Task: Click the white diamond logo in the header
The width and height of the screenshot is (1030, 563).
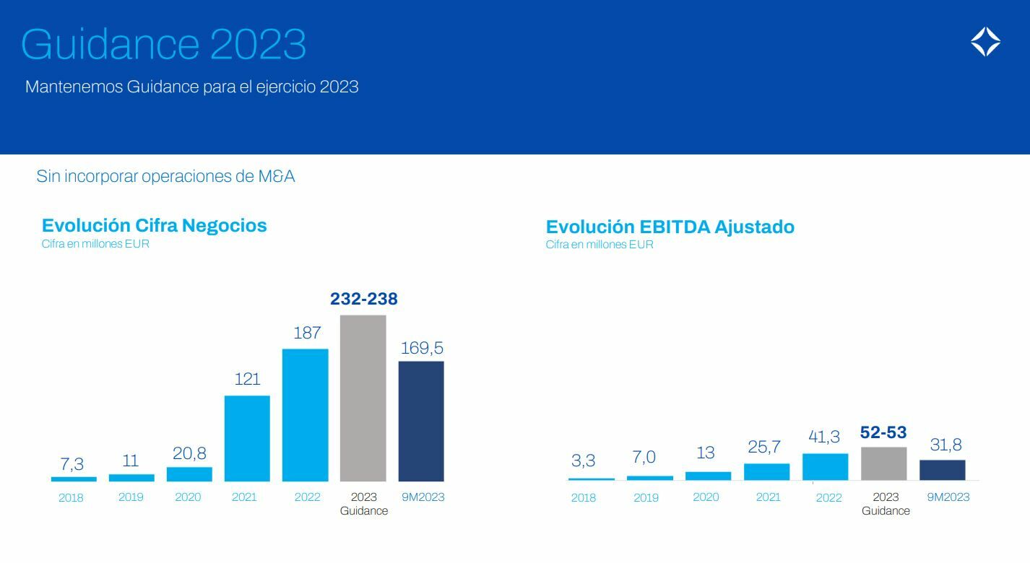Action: click(x=985, y=42)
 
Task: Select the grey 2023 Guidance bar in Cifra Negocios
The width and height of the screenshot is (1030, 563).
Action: click(x=363, y=398)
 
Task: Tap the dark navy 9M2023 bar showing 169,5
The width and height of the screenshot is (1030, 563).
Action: click(x=421, y=421)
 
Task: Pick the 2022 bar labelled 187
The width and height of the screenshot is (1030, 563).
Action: click(x=305, y=415)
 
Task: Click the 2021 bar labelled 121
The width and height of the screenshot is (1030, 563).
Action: click(x=247, y=438)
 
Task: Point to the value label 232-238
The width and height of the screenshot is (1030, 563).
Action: click(x=363, y=299)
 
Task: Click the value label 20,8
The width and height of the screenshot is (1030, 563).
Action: click(x=189, y=453)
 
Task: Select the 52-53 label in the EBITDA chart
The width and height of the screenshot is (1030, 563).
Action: click(x=883, y=432)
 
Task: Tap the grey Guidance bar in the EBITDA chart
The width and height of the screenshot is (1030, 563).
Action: click(x=883, y=463)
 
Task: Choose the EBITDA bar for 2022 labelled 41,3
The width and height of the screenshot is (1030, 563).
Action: click(x=825, y=466)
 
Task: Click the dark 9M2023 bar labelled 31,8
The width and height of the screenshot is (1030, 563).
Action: click(x=942, y=470)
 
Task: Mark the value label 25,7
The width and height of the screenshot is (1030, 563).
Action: click(x=764, y=448)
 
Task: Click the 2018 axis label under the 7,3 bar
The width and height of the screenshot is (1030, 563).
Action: click(x=71, y=497)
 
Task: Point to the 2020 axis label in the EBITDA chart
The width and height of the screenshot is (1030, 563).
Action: click(x=706, y=497)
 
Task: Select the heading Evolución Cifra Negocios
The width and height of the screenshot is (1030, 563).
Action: click(x=154, y=225)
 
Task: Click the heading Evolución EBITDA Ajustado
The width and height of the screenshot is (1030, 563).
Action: click(x=670, y=227)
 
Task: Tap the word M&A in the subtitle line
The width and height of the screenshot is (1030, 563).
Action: click(x=277, y=176)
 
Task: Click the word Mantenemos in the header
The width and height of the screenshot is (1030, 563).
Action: click(x=74, y=87)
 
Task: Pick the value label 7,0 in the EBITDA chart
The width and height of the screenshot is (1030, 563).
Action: click(x=644, y=458)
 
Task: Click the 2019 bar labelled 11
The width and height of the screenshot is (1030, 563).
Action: click(x=131, y=477)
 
